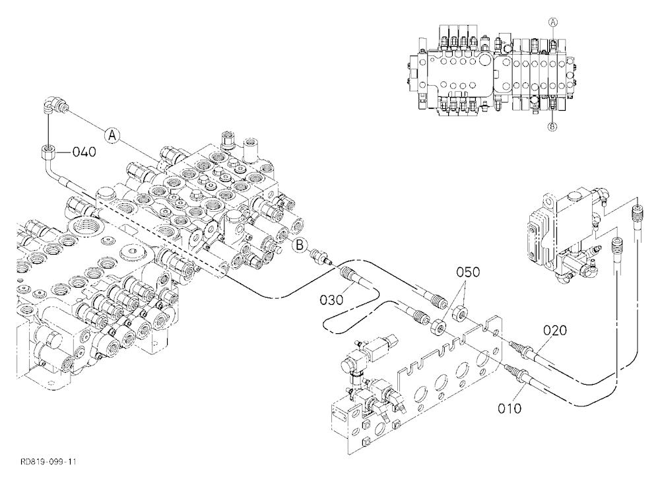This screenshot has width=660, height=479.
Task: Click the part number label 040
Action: click(x=84, y=152)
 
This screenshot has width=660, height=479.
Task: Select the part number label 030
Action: click(x=332, y=300)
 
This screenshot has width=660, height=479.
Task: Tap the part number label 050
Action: click(x=468, y=272)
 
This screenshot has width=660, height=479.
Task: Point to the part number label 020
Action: click(x=555, y=331)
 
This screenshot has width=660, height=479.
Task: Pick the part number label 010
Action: click(x=510, y=408)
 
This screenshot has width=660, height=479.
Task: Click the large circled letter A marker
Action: click(x=112, y=135)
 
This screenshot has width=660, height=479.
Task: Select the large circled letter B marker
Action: click(x=300, y=245)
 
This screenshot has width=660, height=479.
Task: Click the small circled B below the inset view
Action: click(x=553, y=125)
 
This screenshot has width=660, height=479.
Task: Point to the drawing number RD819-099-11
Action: click(x=48, y=462)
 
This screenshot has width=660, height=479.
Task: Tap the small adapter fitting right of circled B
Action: click(x=321, y=257)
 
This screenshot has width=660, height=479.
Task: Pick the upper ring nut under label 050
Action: click(x=459, y=313)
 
